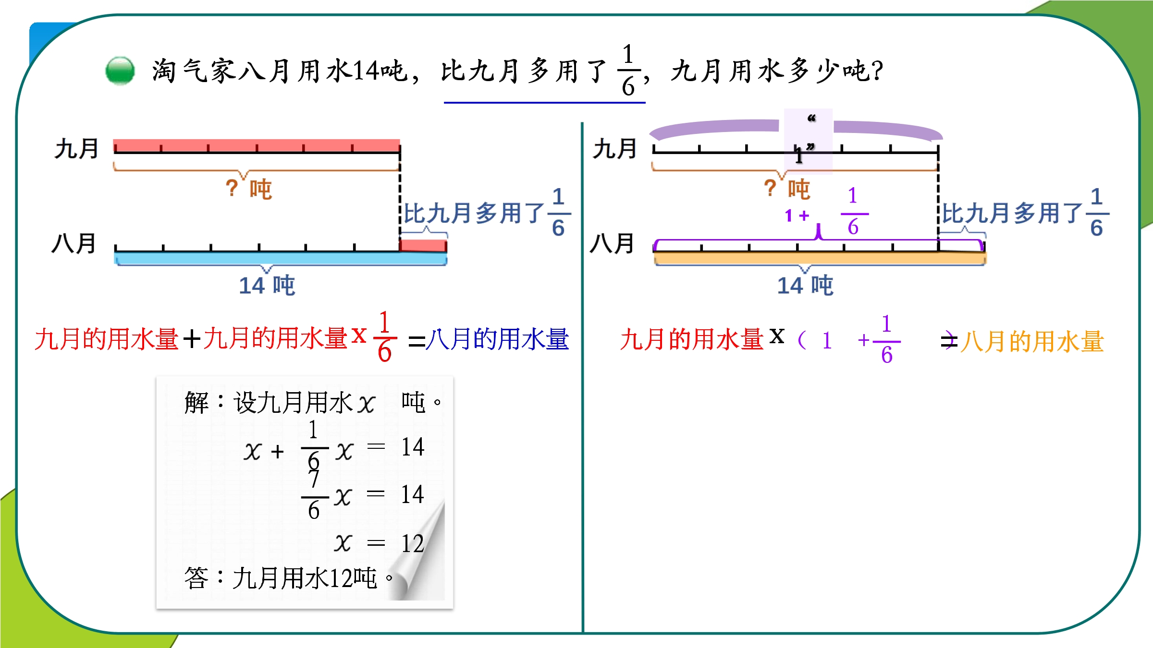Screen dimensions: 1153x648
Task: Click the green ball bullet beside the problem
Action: [120, 71]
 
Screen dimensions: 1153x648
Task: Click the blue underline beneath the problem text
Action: [544, 102]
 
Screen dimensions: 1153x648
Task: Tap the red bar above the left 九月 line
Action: [257, 145]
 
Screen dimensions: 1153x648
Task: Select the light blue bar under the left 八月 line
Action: [281, 258]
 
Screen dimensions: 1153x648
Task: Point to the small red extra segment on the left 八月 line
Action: [423, 245]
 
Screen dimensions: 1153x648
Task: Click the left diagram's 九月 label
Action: [76, 148]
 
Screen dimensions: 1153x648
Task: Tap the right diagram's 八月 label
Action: [612, 243]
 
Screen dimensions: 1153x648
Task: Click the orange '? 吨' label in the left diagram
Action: [249, 189]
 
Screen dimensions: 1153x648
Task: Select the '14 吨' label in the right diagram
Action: [805, 285]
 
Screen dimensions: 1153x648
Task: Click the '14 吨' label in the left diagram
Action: [267, 285]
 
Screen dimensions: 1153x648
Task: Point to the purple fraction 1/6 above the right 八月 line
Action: [854, 211]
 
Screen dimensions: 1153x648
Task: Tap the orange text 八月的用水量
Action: [1032, 341]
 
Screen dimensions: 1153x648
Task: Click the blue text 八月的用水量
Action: [497, 339]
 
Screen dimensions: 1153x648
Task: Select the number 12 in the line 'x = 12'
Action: [413, 543]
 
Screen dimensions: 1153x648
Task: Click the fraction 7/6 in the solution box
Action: [314, 494]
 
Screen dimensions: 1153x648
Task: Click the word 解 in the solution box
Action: [197, 402]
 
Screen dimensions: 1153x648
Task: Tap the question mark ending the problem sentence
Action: [877, 71]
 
